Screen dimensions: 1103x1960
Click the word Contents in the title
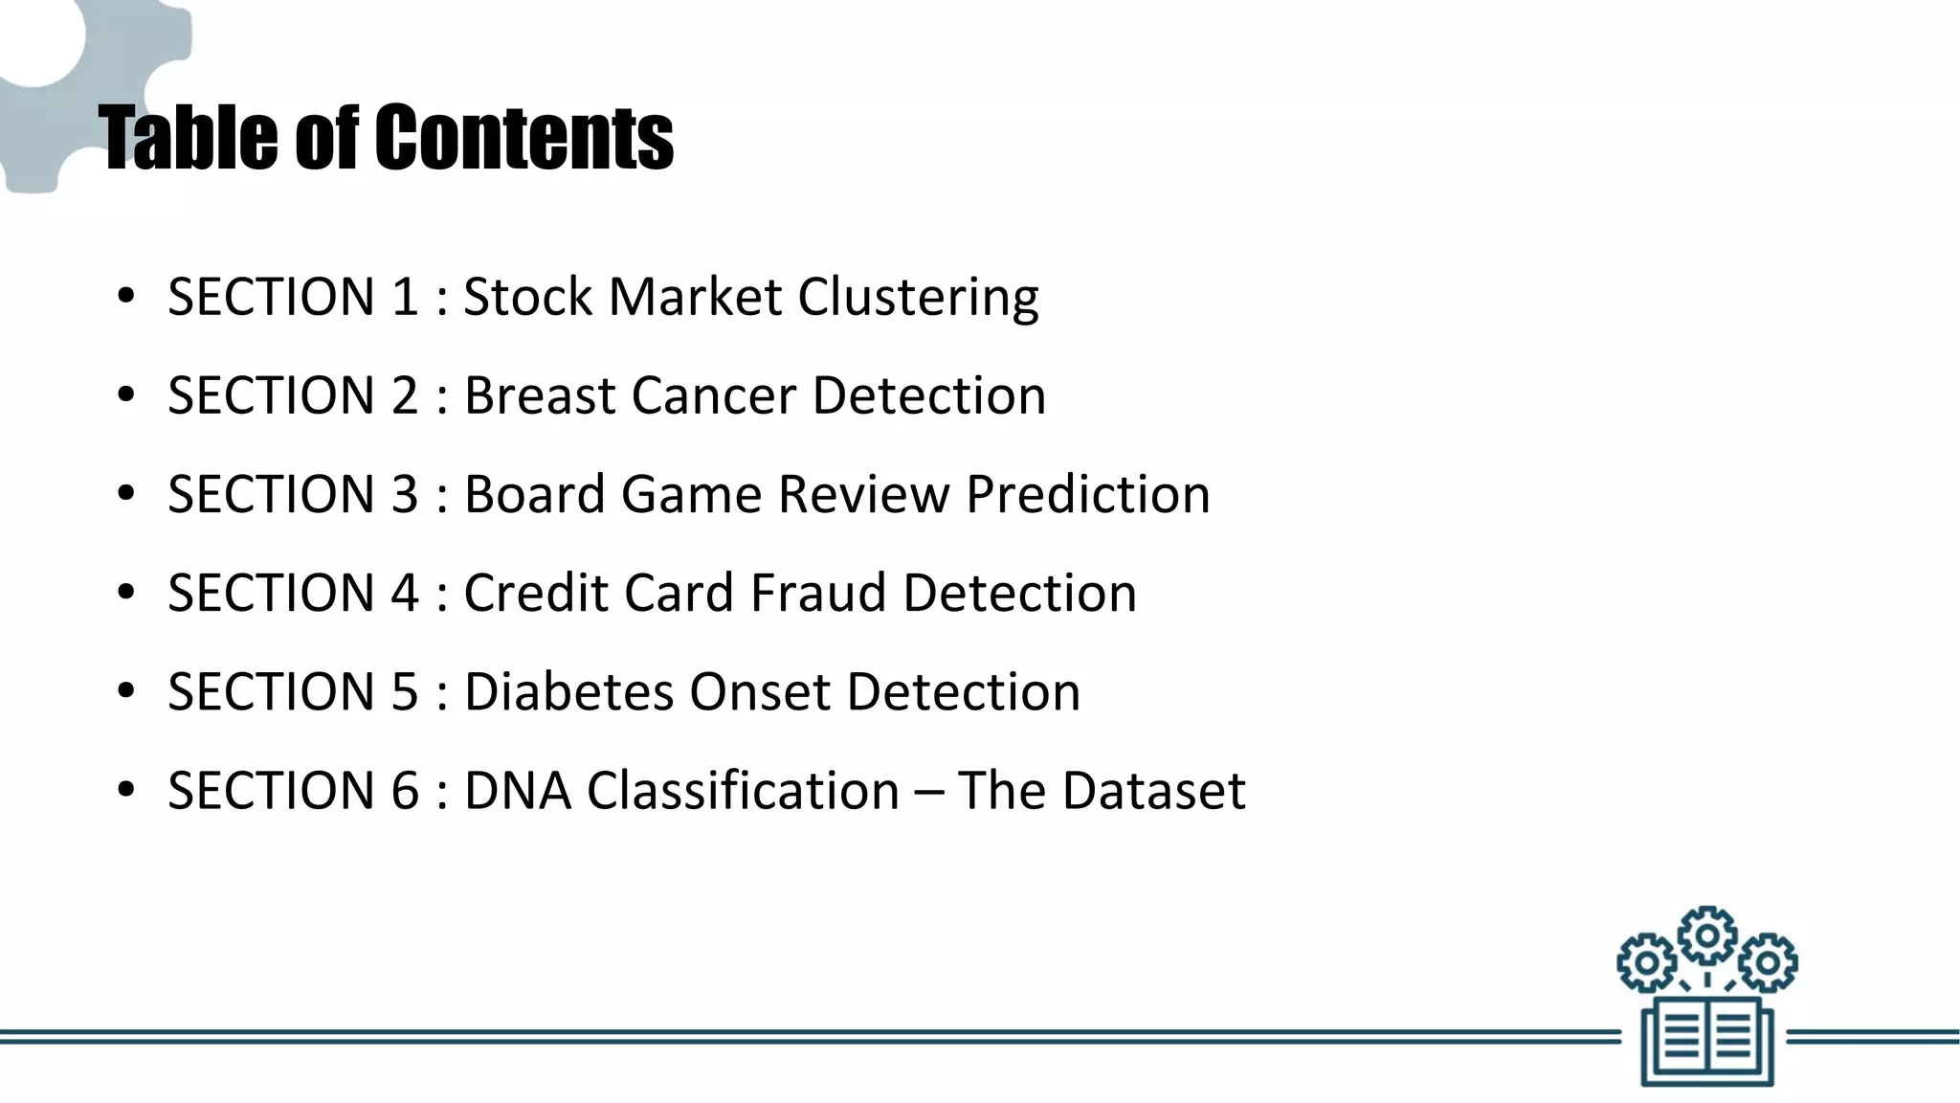[x=523, y=139]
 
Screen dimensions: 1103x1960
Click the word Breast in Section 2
[x=539, y=395]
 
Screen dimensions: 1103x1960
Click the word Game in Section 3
[x=690, y=495]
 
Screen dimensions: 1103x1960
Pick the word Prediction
[x=1087, y=495]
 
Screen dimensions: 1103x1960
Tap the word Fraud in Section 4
[x=817, y=593]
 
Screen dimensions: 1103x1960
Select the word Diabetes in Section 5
[x=568, y=691]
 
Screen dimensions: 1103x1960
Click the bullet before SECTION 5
[x=125, y=691]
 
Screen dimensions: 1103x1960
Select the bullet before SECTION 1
[x=125, y=297]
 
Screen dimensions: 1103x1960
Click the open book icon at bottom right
[x=1707, y=1042]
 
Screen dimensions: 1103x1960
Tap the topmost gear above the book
[x=1707, y=934]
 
